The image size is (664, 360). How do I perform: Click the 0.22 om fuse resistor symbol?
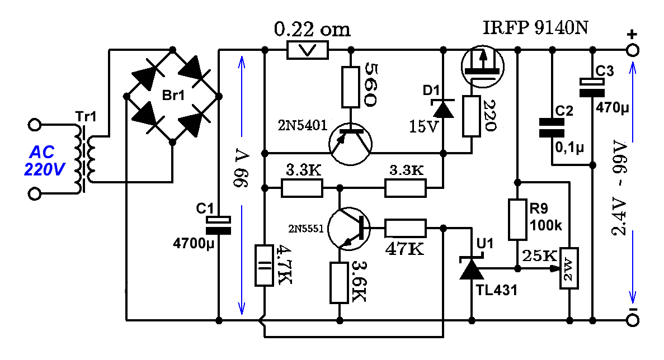(x=308, y=50)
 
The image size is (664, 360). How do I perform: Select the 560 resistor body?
(x=351, y=87)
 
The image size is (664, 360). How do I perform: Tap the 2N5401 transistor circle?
(x=350, y=144)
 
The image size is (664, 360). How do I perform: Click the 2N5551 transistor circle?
(x=349, y=229)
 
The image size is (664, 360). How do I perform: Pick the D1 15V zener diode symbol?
(x=444, y=108)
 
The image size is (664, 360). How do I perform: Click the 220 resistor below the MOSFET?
(x=471, y=116)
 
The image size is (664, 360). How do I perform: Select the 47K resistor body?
(x=405, y=228)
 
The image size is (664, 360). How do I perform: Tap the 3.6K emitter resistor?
(x=339, y=283)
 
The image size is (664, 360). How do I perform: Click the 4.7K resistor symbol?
(x=264, y=265)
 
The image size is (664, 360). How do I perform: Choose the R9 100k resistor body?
(x=517, y=220)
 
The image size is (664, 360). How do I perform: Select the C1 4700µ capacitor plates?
(x=219, y=225)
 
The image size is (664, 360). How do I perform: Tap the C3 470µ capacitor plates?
(x=592, y=88)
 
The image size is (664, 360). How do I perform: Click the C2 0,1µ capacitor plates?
(x=552, y=128)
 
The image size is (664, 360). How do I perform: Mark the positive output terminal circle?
(x=633, y=50)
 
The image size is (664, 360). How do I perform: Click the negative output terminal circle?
(x=633, y=320)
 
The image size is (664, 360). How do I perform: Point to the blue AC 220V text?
(x=44, y=161)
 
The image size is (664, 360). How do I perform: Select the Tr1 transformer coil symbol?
(x=84, y=159)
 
